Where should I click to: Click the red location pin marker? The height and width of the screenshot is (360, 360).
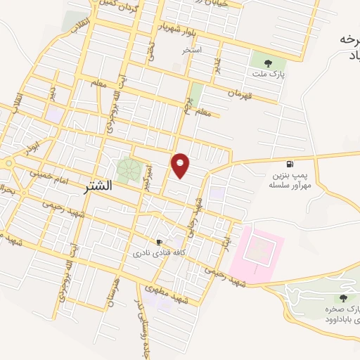click(181, 165)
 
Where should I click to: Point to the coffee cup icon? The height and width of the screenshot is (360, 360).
click(160, 241)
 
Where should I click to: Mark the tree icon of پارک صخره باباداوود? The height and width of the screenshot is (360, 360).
click(333, 298)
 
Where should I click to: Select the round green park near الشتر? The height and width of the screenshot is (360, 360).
click(128, 169)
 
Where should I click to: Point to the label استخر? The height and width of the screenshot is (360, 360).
click(192, 51)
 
